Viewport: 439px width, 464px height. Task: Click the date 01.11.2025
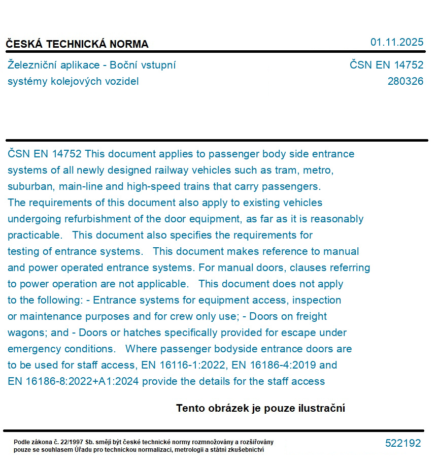click(x=396, y=42)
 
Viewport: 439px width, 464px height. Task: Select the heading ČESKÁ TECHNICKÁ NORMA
click(x=77, y=44)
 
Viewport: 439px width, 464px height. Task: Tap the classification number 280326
click(x=405, y=81)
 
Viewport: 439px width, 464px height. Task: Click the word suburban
click(x=28, y=186)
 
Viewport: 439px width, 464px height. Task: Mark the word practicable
click(x=35, y=235)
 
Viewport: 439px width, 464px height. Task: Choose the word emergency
click(x=33, y=349)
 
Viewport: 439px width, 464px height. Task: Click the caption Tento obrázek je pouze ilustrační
click(x=260, y=408)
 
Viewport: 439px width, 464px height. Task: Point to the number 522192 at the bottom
click(x=403, y=443)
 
